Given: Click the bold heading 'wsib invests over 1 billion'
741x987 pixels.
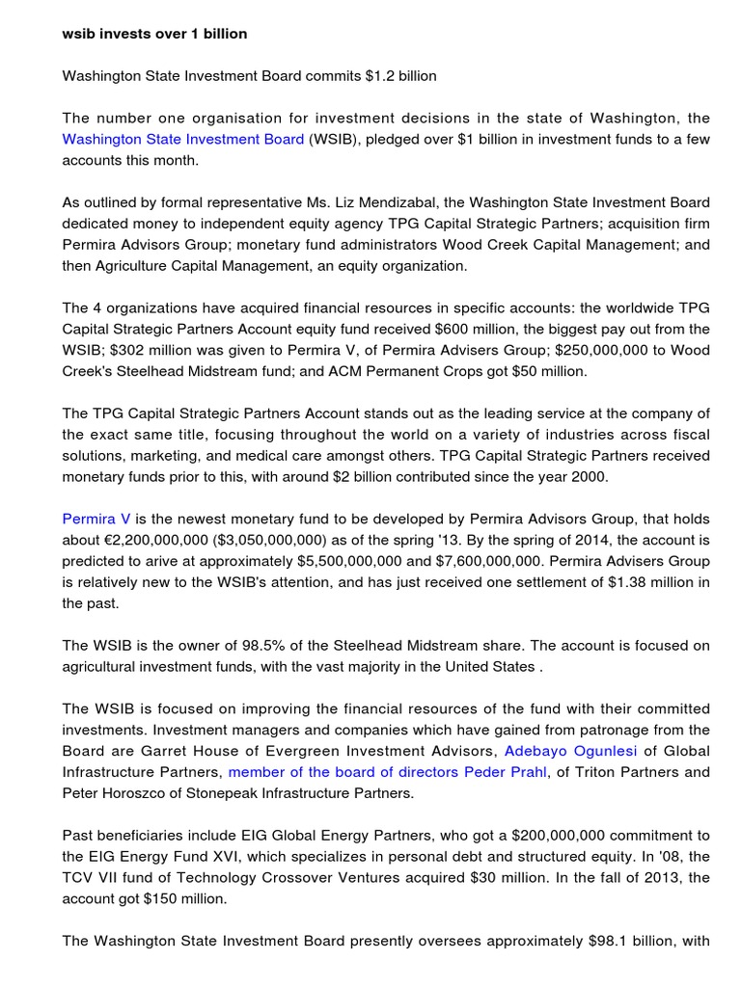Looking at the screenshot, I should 154,34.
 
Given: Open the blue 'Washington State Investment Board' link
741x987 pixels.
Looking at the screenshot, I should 183,139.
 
